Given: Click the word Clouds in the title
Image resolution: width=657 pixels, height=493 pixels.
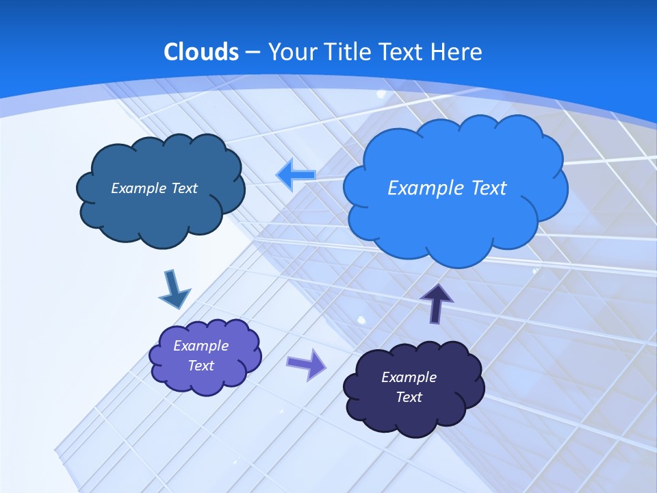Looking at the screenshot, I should [x=201, y=52].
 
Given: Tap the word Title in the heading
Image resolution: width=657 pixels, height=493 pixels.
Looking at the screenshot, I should [x=348, y=52].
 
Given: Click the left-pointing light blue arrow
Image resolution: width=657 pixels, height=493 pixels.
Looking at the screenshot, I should [x=295, y=175].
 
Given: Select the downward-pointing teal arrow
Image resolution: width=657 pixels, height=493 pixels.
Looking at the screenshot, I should [x=174, y=289].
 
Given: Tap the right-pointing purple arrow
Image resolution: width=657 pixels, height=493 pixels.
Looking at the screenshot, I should [x=307, y=364].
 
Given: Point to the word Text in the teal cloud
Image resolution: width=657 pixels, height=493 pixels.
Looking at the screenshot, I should [x=184, y=188].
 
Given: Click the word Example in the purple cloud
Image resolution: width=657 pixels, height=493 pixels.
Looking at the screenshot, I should [x=201, y=346].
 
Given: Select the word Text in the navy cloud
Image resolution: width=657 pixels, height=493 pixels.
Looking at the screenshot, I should [x=409, y=397].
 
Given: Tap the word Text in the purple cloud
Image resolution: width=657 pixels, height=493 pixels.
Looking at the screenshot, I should [x=201, y=366].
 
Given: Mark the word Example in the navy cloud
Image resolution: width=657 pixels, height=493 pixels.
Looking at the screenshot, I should [x=409, y=377].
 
